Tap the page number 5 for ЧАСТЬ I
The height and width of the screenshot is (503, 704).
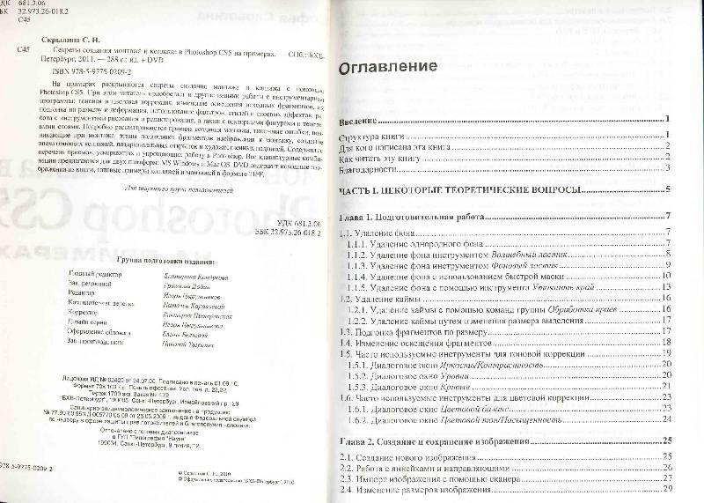click(669, 189)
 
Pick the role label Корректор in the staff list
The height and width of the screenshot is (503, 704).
click(84, 313)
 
